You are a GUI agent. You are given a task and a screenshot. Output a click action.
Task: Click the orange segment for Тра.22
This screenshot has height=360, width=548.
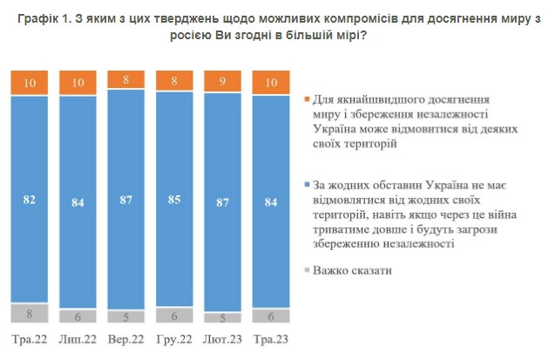pos(30,83)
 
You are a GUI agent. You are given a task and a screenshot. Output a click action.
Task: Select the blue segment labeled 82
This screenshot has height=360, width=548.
pos(30,200)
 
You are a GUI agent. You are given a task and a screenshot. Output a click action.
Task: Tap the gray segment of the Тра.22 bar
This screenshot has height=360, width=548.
pos(30,312)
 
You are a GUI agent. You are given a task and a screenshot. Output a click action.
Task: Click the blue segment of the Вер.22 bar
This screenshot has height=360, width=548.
pos(126,200)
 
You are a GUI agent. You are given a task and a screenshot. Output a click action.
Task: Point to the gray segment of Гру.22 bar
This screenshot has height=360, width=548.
pos(174,316)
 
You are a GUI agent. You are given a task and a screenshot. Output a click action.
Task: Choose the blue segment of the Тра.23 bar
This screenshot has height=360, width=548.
pos(271,201)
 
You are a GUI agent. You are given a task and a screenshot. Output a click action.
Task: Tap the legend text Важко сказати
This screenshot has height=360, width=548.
pos(352,270)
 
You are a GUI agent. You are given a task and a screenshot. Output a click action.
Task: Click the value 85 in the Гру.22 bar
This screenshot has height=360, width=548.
pos(174,200)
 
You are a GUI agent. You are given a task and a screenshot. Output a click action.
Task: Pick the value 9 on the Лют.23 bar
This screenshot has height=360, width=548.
pos(223,82)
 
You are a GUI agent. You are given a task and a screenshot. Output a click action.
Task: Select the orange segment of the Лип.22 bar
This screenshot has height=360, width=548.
pos(78,83)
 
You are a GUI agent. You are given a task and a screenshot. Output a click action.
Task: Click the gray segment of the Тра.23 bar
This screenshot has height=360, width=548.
pos(271,316)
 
